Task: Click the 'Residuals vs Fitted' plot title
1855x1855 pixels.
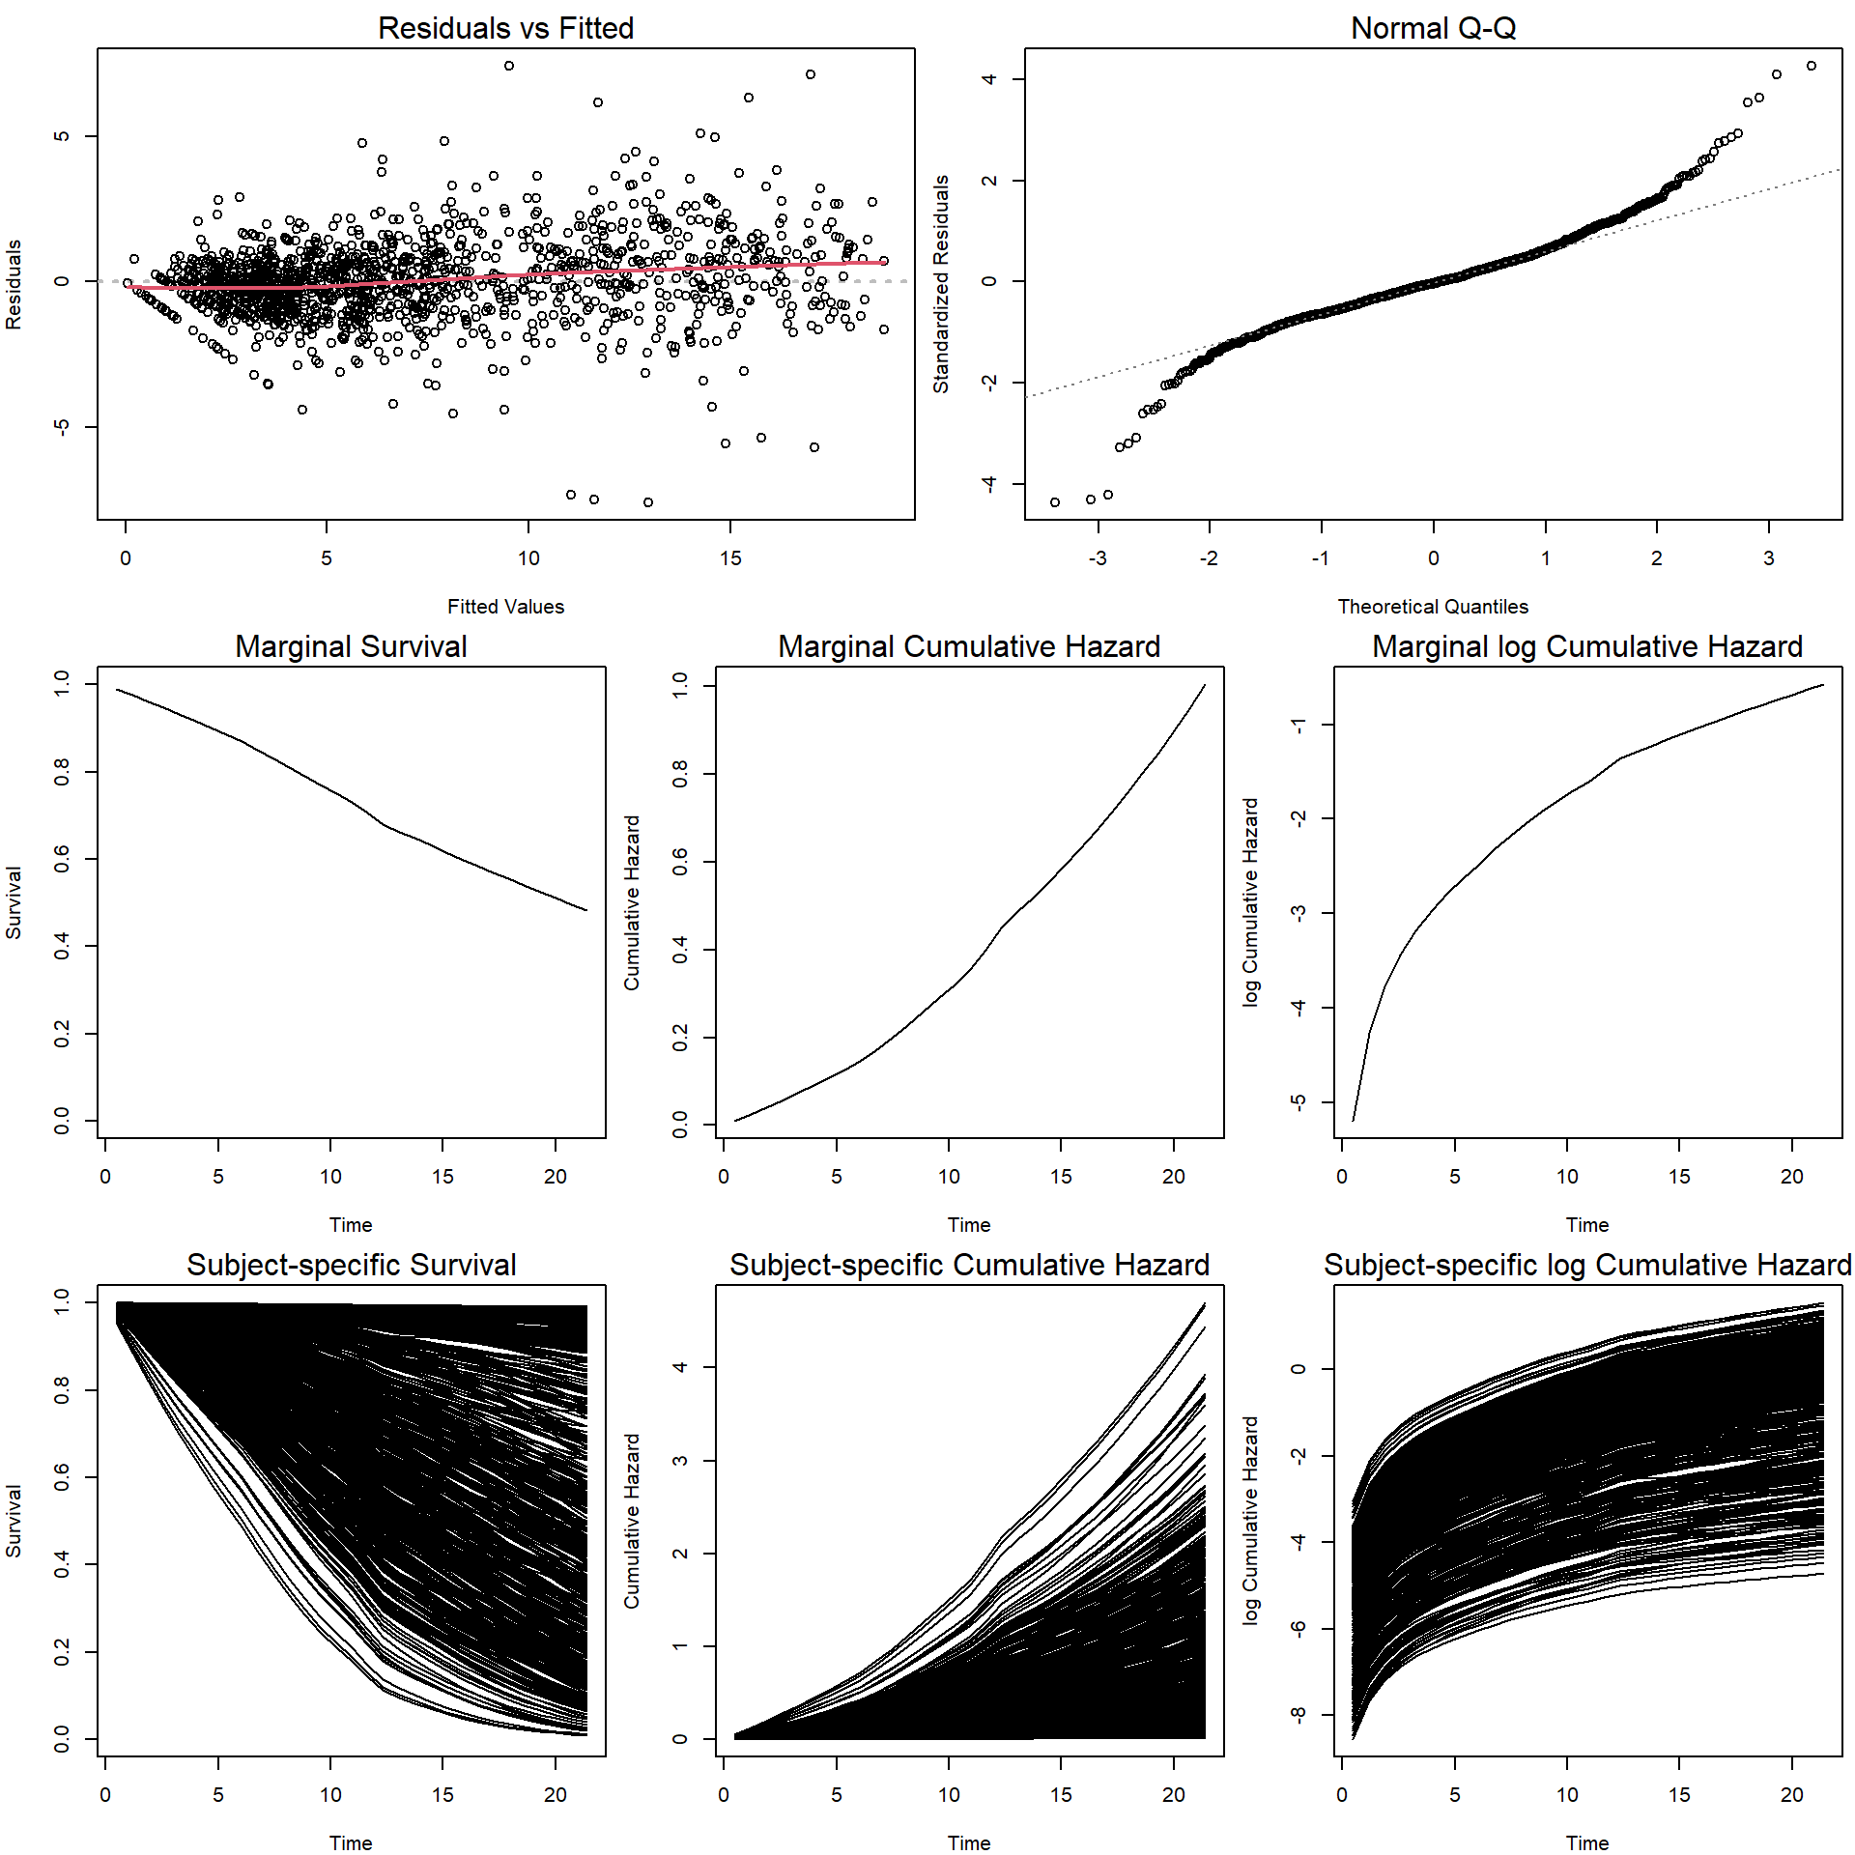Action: point(505,28)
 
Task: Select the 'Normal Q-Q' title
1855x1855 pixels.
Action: point(1433,28)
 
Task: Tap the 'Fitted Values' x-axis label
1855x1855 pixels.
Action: point(505,607)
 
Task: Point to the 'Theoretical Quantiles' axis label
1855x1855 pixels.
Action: point(1433,607)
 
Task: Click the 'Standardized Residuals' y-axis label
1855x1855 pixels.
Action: point(941,284)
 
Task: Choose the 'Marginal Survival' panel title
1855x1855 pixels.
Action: point(351,646)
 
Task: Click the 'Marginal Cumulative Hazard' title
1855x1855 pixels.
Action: point(969,646)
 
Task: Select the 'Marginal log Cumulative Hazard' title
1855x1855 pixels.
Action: point(1587,646)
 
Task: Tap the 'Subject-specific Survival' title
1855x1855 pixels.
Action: point(351,1265)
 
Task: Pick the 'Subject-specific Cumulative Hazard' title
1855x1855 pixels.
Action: point(969,1265)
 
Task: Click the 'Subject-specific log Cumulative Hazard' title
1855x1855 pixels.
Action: point(1587,1265)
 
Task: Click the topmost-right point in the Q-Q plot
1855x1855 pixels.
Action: point(1812,66)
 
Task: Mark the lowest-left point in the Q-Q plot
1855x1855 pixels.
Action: point(1055,502)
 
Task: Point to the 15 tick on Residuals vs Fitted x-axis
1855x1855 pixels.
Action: point(730,558)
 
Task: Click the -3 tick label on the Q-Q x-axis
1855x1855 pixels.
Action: point(1098,558)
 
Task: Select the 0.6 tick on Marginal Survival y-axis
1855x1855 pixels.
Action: point(63,859)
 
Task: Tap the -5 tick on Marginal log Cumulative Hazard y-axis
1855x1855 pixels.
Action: point(1299,1101)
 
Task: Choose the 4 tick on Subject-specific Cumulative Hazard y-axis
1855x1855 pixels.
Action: point(681,1367)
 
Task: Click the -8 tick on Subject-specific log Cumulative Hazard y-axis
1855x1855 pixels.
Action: point(1299,1715)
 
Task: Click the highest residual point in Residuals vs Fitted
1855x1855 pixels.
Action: point(509,66)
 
